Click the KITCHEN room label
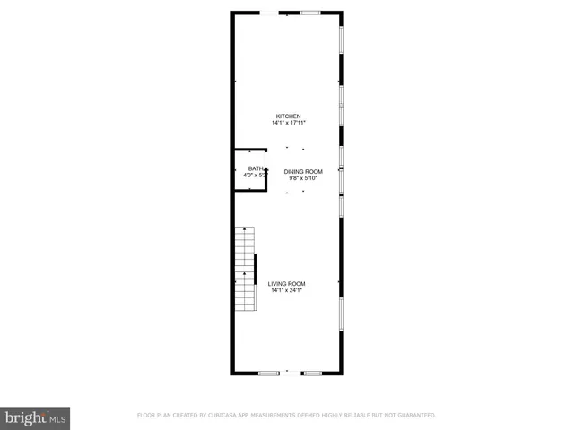[x=287, y=116]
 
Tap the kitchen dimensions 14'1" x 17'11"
[x=287, y=124]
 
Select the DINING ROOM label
[x=303, y=171]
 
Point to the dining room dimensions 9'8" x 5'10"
[x=303, y=178]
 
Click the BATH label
[x=256, y=168]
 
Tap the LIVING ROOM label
[x=287, y=284]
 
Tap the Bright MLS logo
[x=36, y=417]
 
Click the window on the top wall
[x=310, y=12]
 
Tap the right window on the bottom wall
[x=312, y=372]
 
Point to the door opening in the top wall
[x=269, y=12]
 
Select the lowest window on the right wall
[x=341, y=314]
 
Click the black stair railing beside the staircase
[x=256, y=282]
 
